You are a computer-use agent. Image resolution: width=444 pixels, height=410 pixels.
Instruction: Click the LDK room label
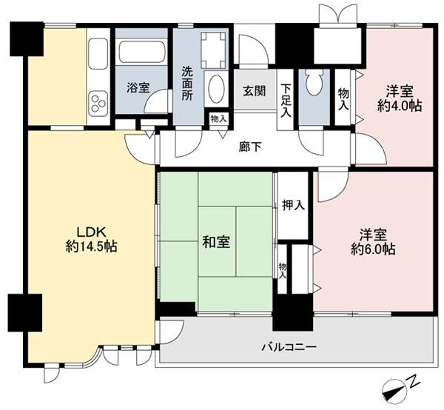tap(92, 232)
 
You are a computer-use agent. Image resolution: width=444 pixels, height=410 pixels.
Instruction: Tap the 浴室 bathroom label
tap(138, 87)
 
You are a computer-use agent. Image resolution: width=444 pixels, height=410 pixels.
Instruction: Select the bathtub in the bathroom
tap(141, 53)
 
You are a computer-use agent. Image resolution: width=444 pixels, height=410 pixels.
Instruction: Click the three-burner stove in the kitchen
tap(98, 103)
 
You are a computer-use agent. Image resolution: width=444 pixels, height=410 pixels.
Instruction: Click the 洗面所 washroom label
tap(187, 84)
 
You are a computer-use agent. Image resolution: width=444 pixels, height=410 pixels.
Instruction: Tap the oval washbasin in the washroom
tap(216, 89)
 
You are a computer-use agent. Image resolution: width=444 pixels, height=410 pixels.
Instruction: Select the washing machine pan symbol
tap(213, 50)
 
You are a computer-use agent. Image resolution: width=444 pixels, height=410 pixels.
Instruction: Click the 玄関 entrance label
tap(255, 91)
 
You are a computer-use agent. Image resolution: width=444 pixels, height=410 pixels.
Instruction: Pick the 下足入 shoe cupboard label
tap(286, 101)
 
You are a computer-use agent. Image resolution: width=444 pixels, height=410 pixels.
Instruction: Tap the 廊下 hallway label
tap(250, 147)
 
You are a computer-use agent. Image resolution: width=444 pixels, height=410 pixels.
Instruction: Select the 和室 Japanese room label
tap(216, 242)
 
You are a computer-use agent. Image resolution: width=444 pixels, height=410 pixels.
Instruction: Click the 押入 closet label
tap(293, 205)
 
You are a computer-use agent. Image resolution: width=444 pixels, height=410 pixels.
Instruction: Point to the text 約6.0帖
tap(373, 249)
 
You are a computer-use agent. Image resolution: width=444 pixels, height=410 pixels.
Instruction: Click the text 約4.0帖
tap(400, 106)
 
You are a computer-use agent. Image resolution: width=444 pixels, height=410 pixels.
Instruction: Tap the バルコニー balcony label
tap(289, 347)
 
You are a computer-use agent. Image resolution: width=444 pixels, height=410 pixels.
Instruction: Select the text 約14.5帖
tap(92, 246)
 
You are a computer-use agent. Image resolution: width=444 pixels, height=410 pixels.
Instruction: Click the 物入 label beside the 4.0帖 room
tap(343, 99)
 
